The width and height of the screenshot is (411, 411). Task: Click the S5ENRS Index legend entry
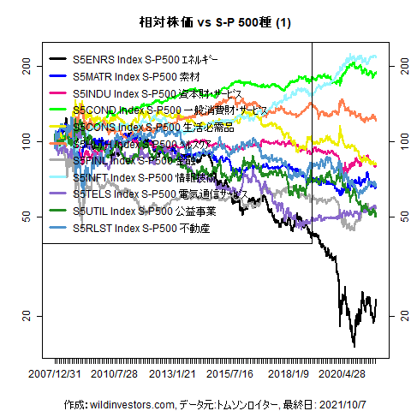[146, 61]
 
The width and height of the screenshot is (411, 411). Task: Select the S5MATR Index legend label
[136, 77]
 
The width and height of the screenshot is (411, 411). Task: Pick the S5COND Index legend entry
[170, 110]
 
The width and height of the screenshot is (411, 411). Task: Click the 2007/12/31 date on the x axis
[56, 374]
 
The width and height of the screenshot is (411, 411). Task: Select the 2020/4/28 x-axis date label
[350, 374]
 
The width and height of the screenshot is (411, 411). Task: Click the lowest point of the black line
[354, 347]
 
